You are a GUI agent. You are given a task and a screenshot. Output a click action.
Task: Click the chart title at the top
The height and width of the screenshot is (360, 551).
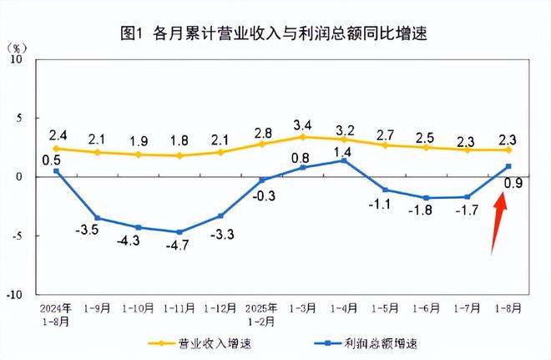pyautogui.click(x=275, y=33)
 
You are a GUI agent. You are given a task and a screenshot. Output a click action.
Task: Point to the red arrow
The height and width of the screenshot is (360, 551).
pyautogui.click(x=498, y=221)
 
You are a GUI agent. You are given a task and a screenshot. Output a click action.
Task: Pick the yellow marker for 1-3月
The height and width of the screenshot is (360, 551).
pyautogui.click(x=302, y=137)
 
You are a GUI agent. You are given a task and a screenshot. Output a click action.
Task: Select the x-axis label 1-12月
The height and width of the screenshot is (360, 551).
pyautogui.click(x=221, y=308)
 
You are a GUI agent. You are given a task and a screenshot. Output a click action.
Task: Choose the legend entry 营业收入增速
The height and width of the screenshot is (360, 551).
pyautogui.click(x=205, y=342)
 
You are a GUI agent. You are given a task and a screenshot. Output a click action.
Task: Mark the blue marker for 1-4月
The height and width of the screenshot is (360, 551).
pyautogui.click(x=343, y=160)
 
